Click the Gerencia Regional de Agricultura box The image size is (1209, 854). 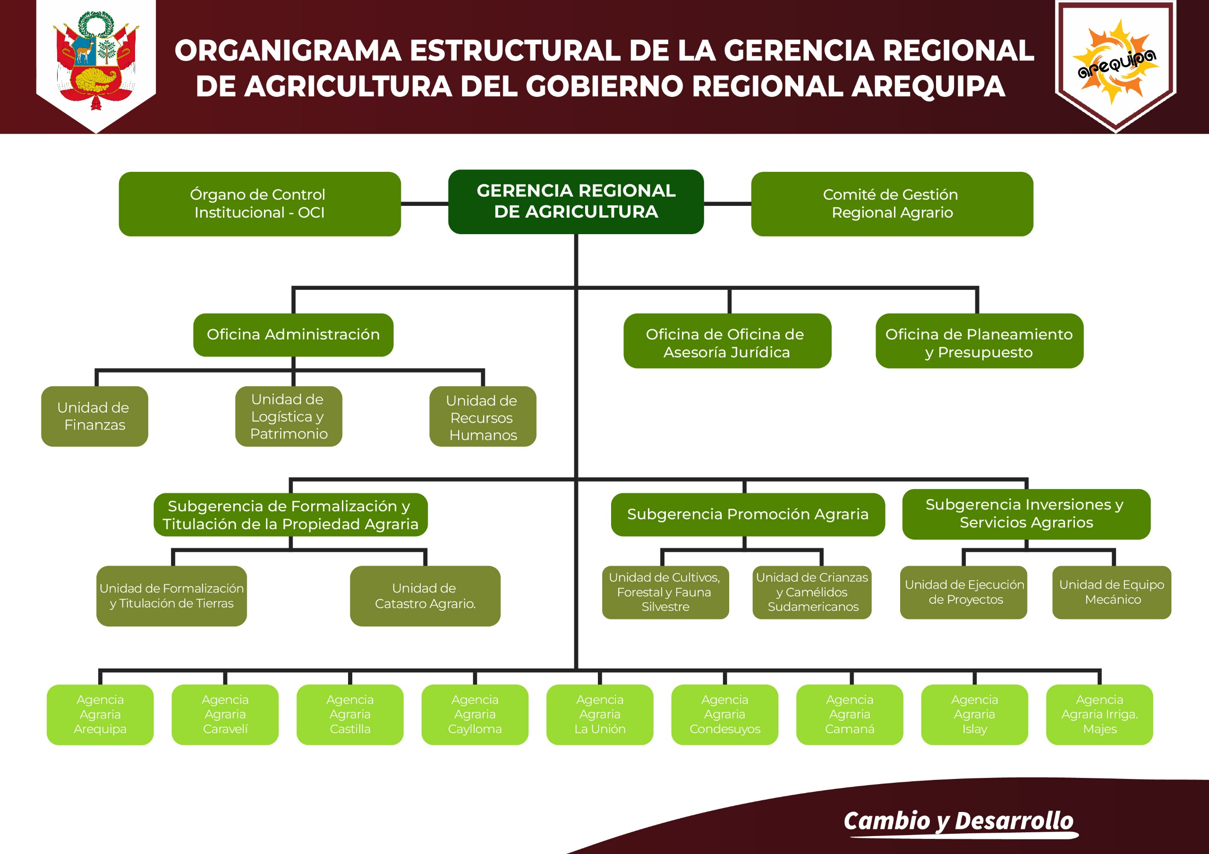pos(576,202)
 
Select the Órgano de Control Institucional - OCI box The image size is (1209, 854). pos(260,204)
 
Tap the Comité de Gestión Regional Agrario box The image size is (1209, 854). pos(892,204)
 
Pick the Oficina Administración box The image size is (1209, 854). pos(293,335)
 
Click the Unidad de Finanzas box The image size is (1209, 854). pos(94,416)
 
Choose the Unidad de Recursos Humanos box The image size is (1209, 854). pos(482,416)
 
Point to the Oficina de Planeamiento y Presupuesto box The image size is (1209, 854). pos(979,341)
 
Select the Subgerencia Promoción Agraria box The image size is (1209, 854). pos(747,515)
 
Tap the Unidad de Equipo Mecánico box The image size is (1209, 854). pos(1112,592)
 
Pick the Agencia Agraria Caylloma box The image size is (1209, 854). pos(475,714)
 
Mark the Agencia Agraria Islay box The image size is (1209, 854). pos(974,714)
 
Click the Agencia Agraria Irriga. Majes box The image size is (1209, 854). pos(1099,714)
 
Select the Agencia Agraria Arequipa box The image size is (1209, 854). pos(100,714)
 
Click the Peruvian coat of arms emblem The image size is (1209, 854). pos(96,60)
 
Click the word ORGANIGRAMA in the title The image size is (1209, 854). pos(288,51)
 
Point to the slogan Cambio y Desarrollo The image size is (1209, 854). pos(958,821)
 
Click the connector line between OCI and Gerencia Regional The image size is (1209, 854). pos(425,203)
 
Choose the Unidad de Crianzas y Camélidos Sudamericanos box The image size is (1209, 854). pos(811,592)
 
